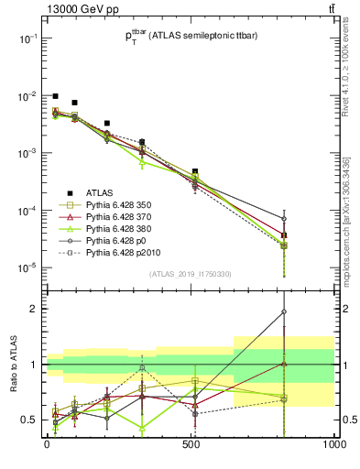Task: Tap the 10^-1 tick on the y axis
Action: click(x=27, y=38)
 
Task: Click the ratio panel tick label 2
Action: click(x=34, y=309)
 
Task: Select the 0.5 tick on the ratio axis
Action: click(x=29, y=420)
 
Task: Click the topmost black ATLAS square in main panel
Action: click(x=56, y=96)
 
